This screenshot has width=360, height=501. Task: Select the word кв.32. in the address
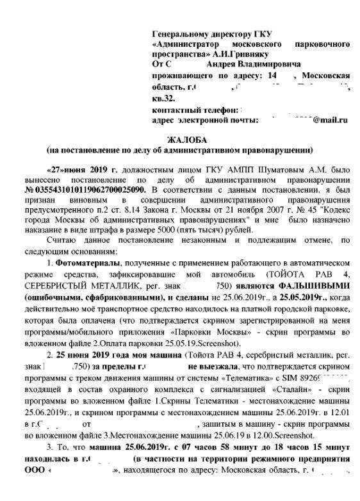click(x=163, y=97)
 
